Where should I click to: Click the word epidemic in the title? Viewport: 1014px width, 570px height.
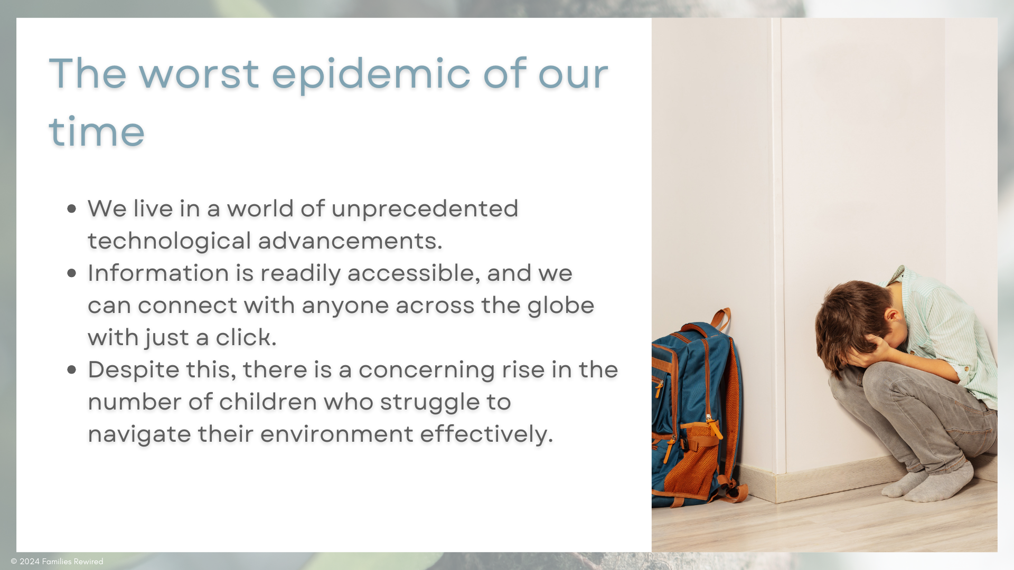(x=371, y=74)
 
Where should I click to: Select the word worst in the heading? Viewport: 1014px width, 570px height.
(x=199, y=74)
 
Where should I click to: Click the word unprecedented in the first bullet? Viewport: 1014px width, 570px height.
(x=425, y=209)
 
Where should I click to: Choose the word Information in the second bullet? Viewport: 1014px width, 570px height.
(x=158, y=273)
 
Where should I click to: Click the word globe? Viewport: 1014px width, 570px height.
(x=561, y=305)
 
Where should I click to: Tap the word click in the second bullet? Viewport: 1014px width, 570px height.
(x=246, y=337)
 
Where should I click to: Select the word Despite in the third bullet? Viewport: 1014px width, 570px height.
(x=134, y=370)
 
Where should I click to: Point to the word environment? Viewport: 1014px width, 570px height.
(x=337, y=434)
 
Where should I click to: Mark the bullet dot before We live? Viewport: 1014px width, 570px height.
(x=72, y=209)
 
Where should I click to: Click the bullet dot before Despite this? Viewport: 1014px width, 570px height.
(x=72, y=370)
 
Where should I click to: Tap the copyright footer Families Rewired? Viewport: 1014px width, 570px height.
(x=57, y=562)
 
